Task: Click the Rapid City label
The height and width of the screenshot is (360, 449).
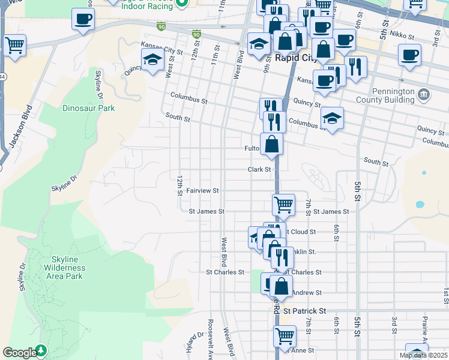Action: pos(295,58)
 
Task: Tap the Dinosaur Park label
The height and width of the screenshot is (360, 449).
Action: pos(88,109)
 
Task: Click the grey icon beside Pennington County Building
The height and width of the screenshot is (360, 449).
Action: pos(424,94)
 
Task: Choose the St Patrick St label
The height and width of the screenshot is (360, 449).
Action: pos(304,311)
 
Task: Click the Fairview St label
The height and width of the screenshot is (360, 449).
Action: pos(202,190)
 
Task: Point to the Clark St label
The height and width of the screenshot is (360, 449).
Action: pos(260,170)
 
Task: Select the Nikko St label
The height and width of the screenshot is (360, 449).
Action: pos(402,37)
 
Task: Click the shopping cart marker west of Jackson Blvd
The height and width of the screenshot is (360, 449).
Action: pos(14,45)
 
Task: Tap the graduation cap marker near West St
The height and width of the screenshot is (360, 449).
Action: pos(152,60)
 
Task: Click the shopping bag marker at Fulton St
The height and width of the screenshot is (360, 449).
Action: pos(272,144)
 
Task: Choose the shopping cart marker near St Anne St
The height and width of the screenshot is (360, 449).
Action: pos(285,337)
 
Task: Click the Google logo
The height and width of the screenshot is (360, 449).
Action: pos(20,353)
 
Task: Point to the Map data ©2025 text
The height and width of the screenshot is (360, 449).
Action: pos(423,355)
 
